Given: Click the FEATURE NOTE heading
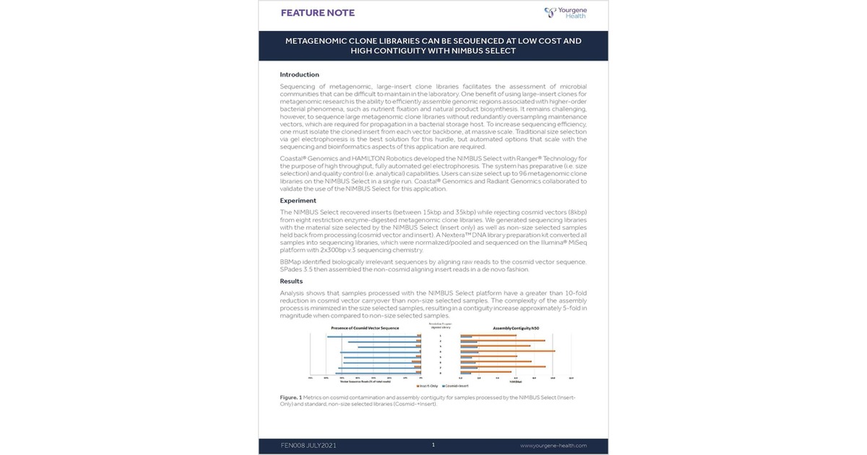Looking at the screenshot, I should (318, 13).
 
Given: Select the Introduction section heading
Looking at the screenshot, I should (299, 74).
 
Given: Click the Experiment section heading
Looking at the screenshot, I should (298, 201).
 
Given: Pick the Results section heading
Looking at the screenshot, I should (291, 281).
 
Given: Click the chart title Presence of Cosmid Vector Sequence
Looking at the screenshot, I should (366, 329).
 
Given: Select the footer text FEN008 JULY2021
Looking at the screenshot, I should (309, 446).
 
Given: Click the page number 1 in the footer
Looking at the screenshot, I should (433, 445).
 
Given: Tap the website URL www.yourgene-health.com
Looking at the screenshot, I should (553, 446).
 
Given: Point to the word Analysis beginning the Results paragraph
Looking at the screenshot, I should (293, 292).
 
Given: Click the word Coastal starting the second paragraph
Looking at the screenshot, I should (292, 157).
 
